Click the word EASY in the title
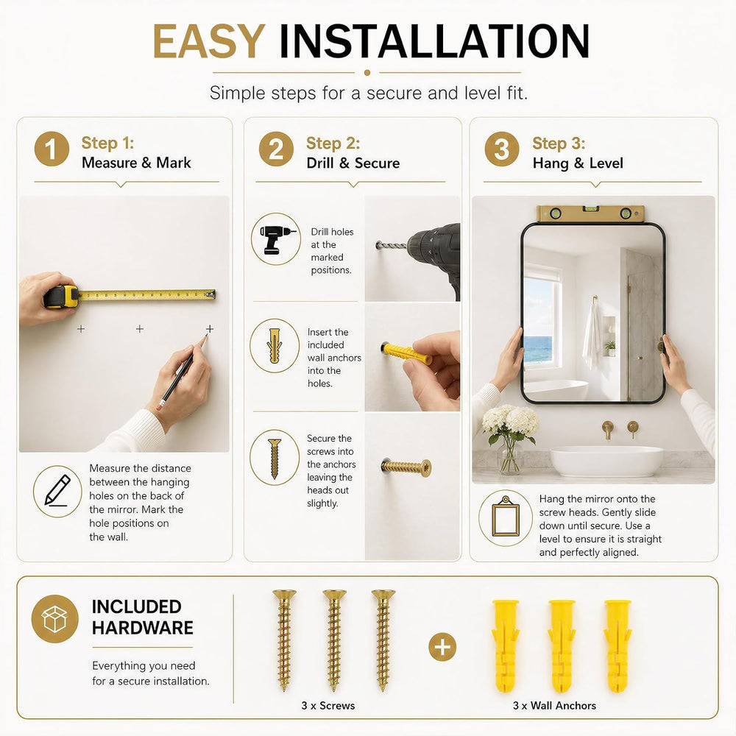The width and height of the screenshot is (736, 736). tap(209, 41)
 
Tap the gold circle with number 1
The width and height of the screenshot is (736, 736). tap(52, 149)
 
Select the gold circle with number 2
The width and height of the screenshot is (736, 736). tap(276, 149)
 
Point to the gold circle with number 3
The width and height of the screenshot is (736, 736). tap(502, 149)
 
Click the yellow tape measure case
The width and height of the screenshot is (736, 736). tap(62, 296)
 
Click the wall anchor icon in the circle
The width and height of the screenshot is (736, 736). tap(275, 346)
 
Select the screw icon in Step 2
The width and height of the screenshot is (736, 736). tap(275, 458)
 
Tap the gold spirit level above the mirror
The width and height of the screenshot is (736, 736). tap(590, 214)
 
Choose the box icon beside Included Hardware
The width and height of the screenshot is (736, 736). tap(55, 619)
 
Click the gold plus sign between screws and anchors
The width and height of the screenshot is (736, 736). tap(442, 647)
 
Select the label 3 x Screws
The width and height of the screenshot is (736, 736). tap(328, 706)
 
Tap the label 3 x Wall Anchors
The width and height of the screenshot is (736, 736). tap(554, 706)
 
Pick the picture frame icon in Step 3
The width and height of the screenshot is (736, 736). tap(505, 517)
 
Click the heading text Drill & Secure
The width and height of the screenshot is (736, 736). tap(353, 163)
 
